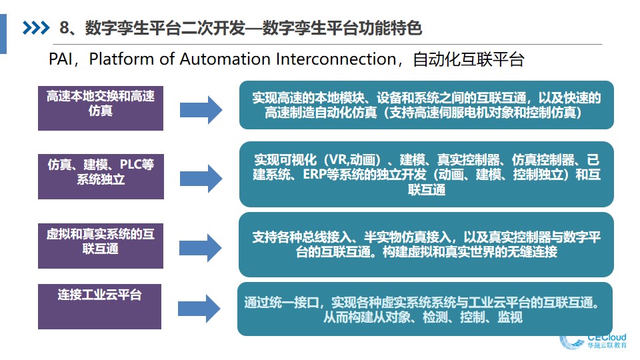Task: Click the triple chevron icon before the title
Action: (x=36, y=28)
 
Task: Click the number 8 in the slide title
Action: (x=65, y=28)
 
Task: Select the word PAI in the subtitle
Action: (x=61, y=59)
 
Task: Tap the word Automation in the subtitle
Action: (x=225, y=59)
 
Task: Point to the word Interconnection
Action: (x=336, y=59)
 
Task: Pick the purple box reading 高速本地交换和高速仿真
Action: (x=101, y=108)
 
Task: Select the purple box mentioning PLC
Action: (x=101, y=176)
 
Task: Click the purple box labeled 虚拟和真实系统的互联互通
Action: (x=101, y=246)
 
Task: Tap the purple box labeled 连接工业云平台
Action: (x=99, y=307)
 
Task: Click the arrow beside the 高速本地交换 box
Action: (x=201, y=110)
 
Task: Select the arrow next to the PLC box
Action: (x=201, y=179)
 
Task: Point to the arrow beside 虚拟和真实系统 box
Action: (x=201, y=248)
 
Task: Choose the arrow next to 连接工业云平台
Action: (x=199, y=309)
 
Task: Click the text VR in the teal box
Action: (x=339, y=159)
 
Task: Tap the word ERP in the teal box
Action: (x=314, y=174)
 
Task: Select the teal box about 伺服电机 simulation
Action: (x=427, y=105)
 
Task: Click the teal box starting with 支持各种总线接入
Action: (x=426, y=245)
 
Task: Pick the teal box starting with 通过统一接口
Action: (x=425, y=309)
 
